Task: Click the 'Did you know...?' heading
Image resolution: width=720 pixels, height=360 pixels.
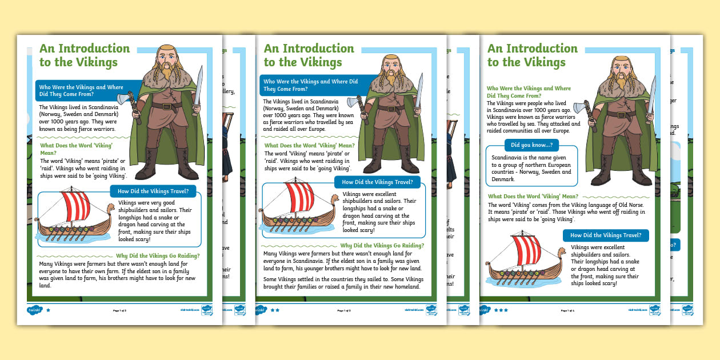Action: coord(531,145)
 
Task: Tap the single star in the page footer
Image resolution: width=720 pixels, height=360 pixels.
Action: coord(48,310)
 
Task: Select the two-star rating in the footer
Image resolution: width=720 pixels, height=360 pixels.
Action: coord(274,310)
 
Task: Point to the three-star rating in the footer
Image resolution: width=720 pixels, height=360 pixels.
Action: coord(501,310)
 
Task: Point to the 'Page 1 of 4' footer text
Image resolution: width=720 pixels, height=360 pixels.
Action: coord(568,310)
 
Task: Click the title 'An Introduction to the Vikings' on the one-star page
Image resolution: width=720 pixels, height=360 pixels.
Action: coord(84,55)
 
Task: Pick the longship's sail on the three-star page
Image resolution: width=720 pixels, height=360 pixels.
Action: coord(524,251)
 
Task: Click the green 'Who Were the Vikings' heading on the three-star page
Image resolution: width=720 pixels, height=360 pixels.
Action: coord(529,92)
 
